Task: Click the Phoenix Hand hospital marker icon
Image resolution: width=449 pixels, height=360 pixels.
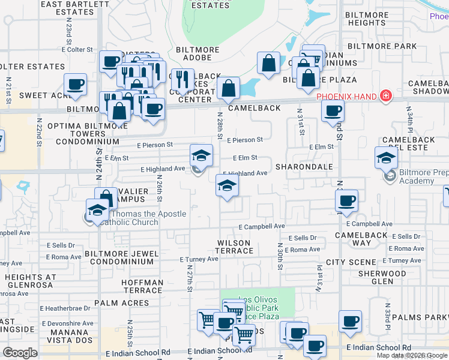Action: click(x=385, y=96)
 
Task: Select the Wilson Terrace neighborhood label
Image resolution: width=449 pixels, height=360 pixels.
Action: click(x=234, y=246)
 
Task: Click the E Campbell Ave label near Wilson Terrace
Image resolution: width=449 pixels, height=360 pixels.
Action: click(x=261, y=227)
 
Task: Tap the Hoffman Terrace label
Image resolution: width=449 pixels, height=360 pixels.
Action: click(x=142, y=286)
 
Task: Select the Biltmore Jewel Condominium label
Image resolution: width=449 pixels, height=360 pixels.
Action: click(x=122, y=258)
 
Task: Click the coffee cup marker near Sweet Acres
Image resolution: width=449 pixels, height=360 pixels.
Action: click(x=75, y=85)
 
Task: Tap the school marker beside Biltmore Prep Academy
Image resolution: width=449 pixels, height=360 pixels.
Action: click(x=386, y=158)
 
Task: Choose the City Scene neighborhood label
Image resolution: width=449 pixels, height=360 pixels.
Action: click(x=351, y=263)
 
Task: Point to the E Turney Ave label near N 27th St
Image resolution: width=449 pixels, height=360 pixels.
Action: click(x=199, y=259)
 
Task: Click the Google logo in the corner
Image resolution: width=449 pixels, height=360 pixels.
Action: click(x=20, y=352)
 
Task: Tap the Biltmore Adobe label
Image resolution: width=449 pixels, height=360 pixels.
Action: click(x=194, y=53)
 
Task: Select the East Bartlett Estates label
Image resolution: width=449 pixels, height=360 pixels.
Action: click(x=75, y=8)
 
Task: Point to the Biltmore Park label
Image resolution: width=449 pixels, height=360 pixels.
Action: click(x=382, y=46)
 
